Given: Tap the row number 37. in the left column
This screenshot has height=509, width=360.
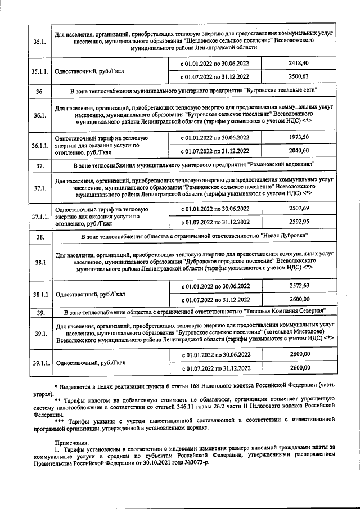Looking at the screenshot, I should coord(40,165).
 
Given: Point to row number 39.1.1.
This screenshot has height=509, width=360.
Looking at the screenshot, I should coord(40,363).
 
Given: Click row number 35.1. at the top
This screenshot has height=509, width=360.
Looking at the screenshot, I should coord(40,41).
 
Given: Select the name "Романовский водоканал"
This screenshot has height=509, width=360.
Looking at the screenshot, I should coord(281,164).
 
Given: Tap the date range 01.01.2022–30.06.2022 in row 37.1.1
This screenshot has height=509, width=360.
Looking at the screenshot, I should coord(215,208).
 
